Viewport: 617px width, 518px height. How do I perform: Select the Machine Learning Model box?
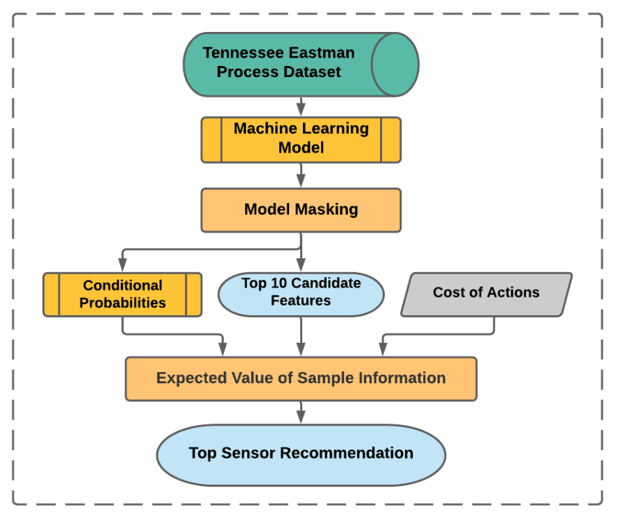(x=301, y=140)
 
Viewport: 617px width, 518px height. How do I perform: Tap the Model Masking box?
(x=301, y=210)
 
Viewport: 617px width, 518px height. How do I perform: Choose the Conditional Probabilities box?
(x=122, y=294)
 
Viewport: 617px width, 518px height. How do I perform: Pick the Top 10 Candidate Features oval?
(x=301, y=292)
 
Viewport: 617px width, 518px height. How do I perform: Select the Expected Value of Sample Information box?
(x=301, y=378)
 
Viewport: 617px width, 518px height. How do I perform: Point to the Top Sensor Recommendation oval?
(x=301, y=453)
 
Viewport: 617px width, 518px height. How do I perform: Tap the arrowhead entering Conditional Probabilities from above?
(x=122, y=265)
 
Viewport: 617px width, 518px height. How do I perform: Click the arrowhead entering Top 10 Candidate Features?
(x=301, y=265)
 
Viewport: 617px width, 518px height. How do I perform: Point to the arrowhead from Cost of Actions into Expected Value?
(x=382, y=351)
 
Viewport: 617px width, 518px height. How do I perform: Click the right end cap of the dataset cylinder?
(x=395, y=64)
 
